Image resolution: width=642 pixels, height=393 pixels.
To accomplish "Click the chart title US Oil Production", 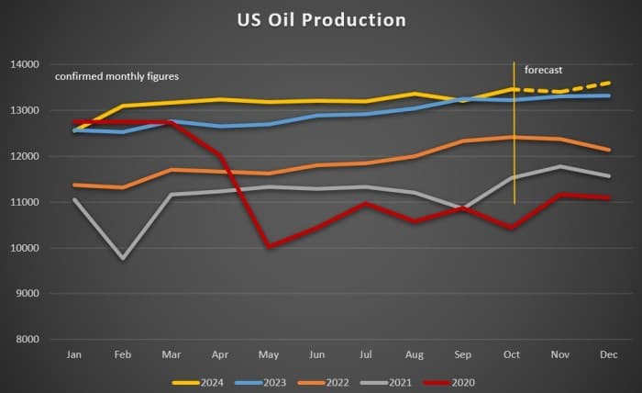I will point(321,19).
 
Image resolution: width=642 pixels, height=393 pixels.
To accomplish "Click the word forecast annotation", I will point(543,70).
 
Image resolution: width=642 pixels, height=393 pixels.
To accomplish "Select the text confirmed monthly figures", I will point(116,75).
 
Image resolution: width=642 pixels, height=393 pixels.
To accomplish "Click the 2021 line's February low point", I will point(123,258).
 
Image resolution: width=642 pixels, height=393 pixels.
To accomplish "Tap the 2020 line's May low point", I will point(270,246).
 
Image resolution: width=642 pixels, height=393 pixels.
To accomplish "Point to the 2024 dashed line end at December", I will point(609,83).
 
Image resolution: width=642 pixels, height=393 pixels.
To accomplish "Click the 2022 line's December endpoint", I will point(609,150).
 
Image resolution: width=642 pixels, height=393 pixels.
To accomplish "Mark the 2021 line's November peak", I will point(560,166).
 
